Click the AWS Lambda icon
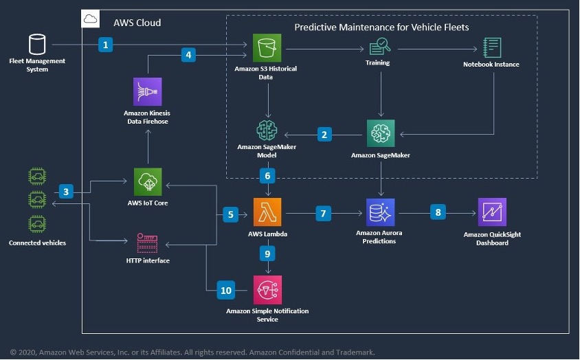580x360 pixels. click(x=267, y=212)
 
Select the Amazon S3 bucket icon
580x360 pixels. click(x=267, y=47)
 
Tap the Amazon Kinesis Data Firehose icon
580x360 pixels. click(x=148, y=92)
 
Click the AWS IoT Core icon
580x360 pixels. click(x=148, y=182)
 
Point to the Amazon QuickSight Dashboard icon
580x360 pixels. click(x=492, y=212)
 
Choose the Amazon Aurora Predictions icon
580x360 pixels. click(x=381, y=212)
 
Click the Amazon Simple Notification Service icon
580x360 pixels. click(x=267, y=290)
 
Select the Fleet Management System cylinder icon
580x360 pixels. click(x=37, y=45)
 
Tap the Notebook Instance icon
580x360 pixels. click(x=492, y=47)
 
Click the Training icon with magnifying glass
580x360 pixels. click(x=380, y=47)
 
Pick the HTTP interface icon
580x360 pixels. click(x=147, y=243)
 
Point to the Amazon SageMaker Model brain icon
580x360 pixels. click(x=267, y=131)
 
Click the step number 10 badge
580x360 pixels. click(x=226, y=291)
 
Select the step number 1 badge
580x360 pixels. click(x=105, y=45)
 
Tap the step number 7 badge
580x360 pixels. click(x=323, y=214)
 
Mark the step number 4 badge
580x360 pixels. click(x=189, y=55)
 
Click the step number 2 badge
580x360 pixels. click(x=324, y=134)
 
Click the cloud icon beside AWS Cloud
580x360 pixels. click(x=91, y=19)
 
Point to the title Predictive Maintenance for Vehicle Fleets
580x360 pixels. click(x=381, y=27)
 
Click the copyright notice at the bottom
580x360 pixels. click(x=192, y=352)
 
